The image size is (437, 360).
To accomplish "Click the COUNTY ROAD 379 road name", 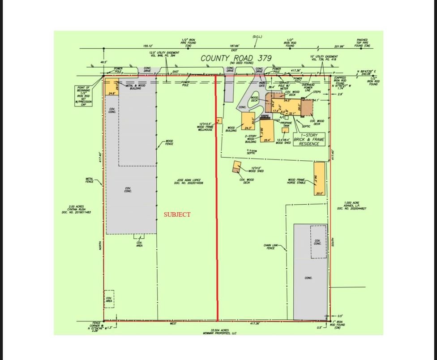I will [236, 58].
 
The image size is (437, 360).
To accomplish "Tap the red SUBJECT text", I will [177, 214].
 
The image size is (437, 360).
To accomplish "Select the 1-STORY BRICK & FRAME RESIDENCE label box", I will [309, 139].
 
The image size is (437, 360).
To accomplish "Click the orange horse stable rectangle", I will [319, 179].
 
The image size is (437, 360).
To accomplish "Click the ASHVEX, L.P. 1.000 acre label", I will [355, 206].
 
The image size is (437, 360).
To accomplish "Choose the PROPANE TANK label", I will [286, 124].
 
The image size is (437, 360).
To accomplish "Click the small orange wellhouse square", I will [219, 120].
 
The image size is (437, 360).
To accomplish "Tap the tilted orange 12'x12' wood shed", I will [236, 167].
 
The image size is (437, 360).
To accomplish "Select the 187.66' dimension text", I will [234, 46].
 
